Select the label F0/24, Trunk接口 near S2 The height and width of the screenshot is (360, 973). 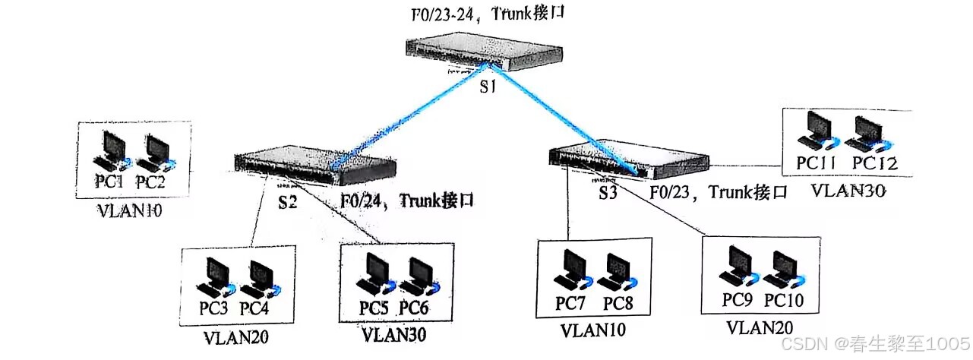point(406,201)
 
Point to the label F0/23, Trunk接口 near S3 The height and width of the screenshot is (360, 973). point(718,192)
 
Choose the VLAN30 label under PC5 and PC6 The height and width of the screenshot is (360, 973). point(393,333)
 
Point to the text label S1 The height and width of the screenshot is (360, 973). point(487,87)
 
